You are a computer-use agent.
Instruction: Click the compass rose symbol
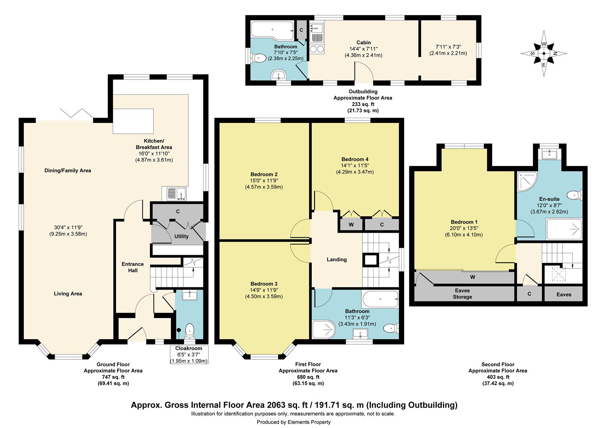[543, 53]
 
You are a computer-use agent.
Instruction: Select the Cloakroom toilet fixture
[190, 331]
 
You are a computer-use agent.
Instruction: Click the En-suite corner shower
[527, 182]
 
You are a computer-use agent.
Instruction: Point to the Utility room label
[181, 236]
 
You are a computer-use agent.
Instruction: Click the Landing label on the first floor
[337, 260]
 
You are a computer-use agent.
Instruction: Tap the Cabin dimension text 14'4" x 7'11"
[363, 49]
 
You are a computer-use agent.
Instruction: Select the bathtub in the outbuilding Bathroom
[272, 30]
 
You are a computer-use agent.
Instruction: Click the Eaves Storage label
[462, 294]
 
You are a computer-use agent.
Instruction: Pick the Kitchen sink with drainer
[174, 193]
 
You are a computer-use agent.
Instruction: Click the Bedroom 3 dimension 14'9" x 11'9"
[264, 290]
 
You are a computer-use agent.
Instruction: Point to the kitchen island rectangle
[133, 121]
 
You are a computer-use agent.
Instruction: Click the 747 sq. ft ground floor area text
[113, 377]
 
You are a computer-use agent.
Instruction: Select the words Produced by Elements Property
[293, 422]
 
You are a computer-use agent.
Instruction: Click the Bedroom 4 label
[355, 159]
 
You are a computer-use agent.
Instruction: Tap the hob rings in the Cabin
[317, 49]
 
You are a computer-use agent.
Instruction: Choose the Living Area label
[68, 294]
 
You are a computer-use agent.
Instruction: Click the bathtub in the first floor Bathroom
[380, 299]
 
